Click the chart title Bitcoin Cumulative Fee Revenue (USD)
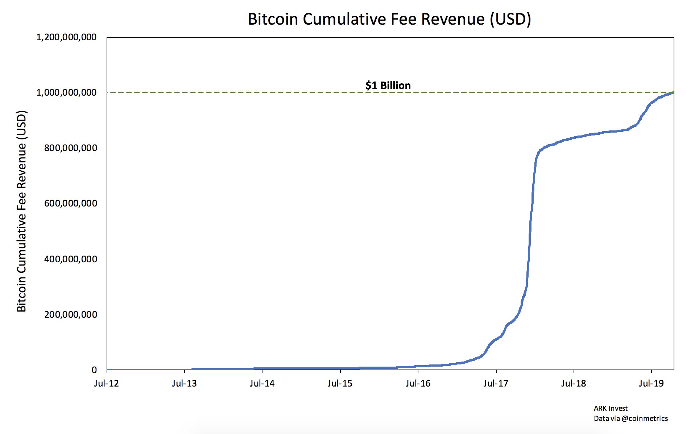click(x=389, y=19)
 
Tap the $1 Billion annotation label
click(x=388, y=85)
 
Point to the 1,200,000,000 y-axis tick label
click(x=66, y=37)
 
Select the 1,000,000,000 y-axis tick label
click(x=66, y=93)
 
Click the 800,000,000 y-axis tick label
click(x=70, y=148)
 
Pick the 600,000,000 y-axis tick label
click(x=70, y=204)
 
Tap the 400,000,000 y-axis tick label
click(x=70, y=259)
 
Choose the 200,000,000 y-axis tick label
click(x=70, y=314)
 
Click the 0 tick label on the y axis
click(x=94, y=370)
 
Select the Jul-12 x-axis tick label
click(x=106, y=383)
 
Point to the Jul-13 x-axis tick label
click(x=184, y=383)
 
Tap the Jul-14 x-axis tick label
click(x=262, y=383)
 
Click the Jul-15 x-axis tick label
click(x=340, y=383)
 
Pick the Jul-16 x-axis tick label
click(x=418, y=383)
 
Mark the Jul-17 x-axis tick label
click(x=496, y=383)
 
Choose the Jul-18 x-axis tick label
click(x=574, y=383)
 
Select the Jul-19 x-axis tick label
click(x=652, y=383)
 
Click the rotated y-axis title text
click(x=22, y=211)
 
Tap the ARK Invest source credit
click(x=611, y=408)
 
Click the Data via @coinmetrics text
click(x=630, y=418)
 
